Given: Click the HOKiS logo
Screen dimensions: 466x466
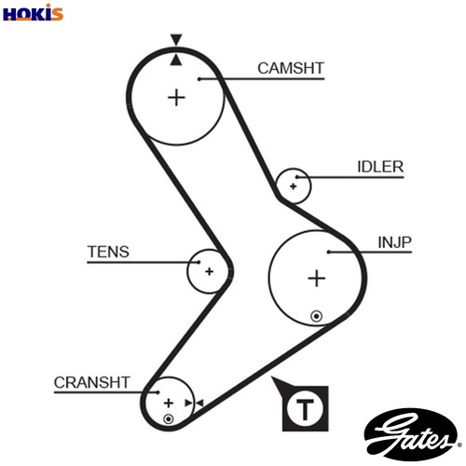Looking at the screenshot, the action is click(33, 13).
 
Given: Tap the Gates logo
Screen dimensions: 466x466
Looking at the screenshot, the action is click(412, 434).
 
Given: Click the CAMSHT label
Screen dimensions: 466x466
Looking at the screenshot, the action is click(291, 68).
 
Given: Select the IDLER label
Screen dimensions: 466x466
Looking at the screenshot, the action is click(380, 167).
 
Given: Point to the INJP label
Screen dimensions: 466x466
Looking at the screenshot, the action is click(394, 242).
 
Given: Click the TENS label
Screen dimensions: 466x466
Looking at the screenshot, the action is click(108, 252).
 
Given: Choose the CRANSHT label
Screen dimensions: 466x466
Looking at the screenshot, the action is click(91, 382).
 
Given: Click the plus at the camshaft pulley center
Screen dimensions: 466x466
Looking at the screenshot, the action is click(176, 98).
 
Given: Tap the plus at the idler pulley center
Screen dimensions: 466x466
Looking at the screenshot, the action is click(293, 186).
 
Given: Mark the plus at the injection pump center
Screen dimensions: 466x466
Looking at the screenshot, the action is click(317, 278).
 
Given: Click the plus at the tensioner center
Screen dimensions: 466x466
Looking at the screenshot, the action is click(210, 271).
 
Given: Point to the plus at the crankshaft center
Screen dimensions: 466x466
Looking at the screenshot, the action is click(169, 404).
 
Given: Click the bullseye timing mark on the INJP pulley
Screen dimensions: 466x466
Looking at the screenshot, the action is click(317, 316).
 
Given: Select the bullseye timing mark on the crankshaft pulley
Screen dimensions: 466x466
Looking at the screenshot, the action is click(169, 419).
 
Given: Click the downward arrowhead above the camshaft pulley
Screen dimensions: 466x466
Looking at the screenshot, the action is click(176, 40).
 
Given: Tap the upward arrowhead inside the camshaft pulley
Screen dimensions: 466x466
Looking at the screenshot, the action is click(176, 60).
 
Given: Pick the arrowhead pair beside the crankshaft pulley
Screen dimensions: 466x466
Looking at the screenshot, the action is click(194, 404).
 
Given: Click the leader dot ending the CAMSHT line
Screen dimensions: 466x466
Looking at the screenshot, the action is click(199, 79).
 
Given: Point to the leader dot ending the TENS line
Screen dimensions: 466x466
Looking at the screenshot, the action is click(199, 262).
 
